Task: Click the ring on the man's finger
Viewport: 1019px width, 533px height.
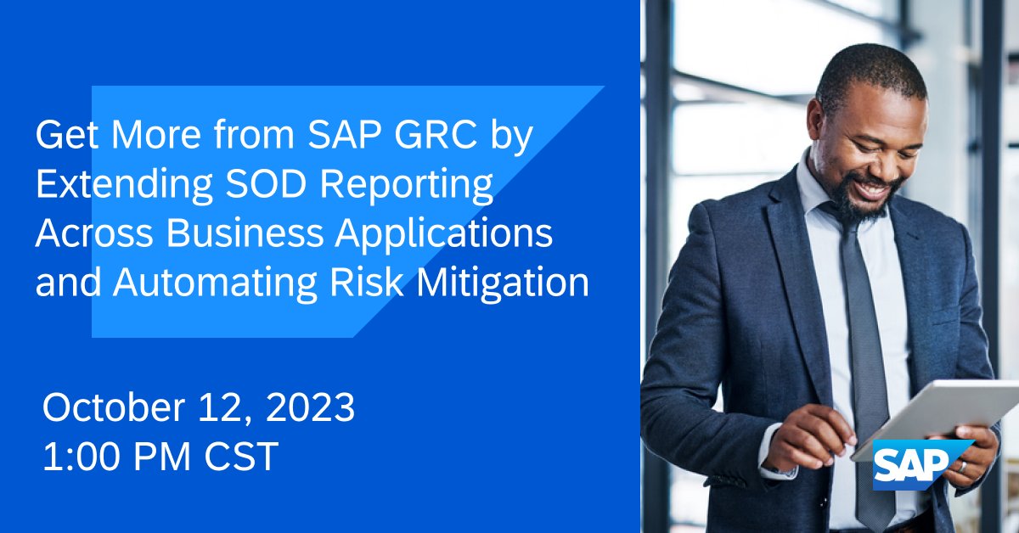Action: click(x=963, y=466)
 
